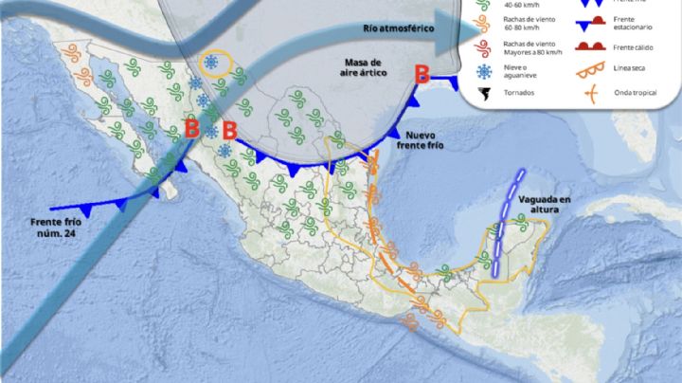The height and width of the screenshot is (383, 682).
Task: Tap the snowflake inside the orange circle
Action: (x=212, y=64)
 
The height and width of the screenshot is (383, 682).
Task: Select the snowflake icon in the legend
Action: (x=485, y=72)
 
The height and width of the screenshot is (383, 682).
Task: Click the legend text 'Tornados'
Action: (x=522, y=96)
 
